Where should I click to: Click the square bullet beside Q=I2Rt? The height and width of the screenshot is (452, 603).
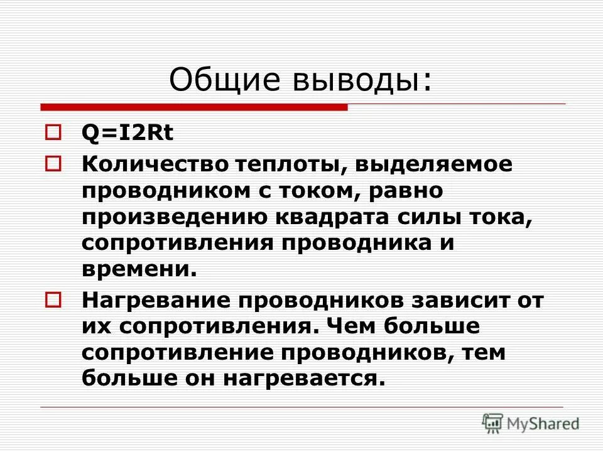(53, 132)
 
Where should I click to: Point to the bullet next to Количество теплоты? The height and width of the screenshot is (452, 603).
(53, 164)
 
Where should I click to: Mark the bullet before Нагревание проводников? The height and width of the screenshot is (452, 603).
(53, 299)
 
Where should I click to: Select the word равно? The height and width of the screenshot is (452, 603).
(406, 190)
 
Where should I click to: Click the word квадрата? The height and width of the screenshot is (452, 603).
(337, 217)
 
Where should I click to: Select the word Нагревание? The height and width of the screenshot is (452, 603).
(153, 300)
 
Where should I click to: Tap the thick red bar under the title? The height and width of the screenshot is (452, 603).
(195, 107)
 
